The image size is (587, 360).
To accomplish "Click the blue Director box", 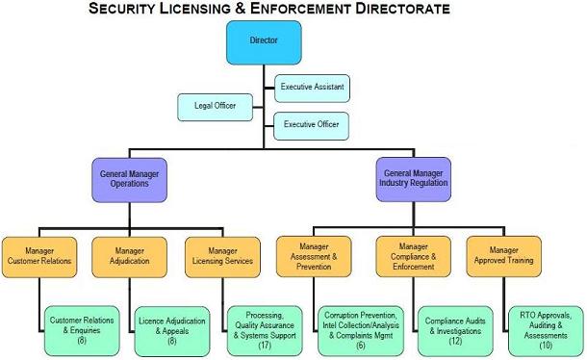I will pyautogui.click(x=263, y=42).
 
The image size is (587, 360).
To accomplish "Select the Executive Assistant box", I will pyautogui.click(x=311, y=88).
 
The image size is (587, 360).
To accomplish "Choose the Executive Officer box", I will pyautogui.click(x=311, y=125).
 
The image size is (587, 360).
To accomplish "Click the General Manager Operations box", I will pyautogui.click(x=129, y=179).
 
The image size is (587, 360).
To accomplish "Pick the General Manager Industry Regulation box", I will pyautogui.click(x=413, y=179).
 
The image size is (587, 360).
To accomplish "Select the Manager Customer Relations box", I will pyautogui.click(x=39, y=255).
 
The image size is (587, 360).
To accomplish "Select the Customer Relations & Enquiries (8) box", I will pyautogui.click(x=82, y=329).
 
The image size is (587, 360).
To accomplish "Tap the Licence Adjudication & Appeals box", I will pyautogui.click(x=171, y=329).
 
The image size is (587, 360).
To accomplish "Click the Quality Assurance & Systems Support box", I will pyautogui.click(x=264, y=329).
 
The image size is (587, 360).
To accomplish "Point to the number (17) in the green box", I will pyautogui.click(x=264, y=344).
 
